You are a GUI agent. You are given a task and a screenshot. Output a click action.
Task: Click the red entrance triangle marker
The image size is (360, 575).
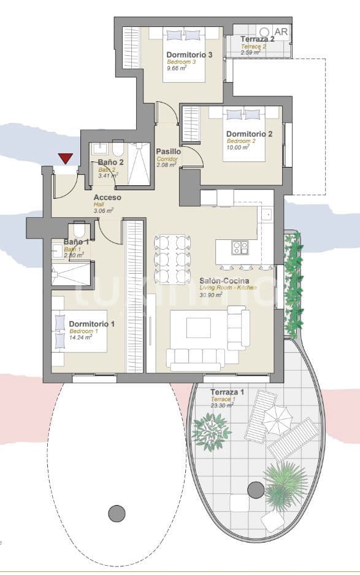click(x=65, y=159)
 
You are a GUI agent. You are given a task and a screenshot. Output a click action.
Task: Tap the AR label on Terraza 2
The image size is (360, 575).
click(x=281, y=32)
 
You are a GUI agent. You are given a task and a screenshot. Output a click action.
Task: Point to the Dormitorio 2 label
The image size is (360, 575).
click(x=249, y=134)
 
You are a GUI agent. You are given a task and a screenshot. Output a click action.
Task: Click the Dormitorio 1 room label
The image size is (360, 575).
click(x=92, y=323)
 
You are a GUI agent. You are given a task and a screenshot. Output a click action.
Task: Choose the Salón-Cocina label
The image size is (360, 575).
click(x=223, y=280)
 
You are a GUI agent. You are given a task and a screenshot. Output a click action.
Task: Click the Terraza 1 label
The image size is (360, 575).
click(x=227, y=392)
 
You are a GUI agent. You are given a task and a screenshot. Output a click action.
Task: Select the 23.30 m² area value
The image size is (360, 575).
click(x=221, y=406)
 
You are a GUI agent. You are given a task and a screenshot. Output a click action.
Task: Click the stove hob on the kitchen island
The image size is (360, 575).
click(x=239, y=247)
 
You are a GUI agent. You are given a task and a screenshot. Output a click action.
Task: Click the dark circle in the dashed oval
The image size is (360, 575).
click(x=117, y=512)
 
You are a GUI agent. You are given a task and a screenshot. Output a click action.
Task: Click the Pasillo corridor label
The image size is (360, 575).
click(x=168, y=151)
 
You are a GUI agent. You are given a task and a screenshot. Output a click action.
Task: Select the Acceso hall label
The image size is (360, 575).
click(x=107, y=198)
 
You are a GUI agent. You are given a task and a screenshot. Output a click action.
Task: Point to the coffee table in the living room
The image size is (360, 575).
click(x=197, y=326)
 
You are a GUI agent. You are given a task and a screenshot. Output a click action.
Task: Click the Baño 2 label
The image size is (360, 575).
click(x=111, y=163)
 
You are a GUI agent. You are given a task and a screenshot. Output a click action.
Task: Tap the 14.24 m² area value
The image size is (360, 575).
click(x=80, y=337)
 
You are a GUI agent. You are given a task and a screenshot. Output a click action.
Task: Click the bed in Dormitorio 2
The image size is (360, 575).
click(x=243, y=132)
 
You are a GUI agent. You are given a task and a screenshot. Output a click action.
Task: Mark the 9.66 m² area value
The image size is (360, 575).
click(x=177, y=69)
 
